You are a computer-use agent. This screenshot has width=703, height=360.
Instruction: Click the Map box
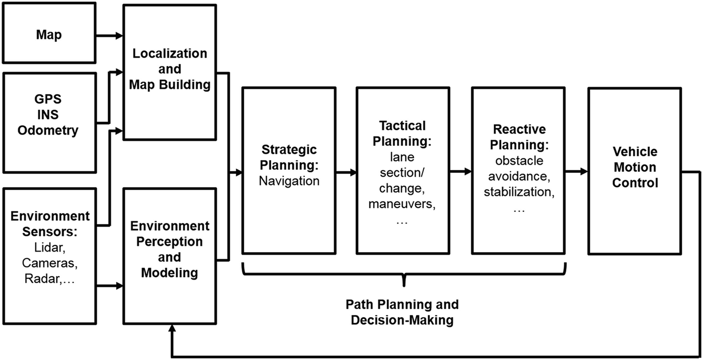coord(49,35)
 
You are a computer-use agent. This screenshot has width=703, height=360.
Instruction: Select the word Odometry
coord(48,130)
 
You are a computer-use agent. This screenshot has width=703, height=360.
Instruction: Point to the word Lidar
coord(49,247)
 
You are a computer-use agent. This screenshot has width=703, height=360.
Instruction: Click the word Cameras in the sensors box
coord(49,263)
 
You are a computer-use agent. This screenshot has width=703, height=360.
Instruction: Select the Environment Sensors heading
coord(50,223)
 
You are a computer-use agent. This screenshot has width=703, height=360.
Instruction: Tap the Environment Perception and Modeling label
coord(169,249)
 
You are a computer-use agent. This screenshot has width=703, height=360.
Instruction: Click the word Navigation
coord(289,181)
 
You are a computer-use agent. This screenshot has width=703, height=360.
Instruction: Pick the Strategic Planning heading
coord(289,157)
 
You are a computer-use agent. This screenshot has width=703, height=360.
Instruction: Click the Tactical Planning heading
coord(402,133)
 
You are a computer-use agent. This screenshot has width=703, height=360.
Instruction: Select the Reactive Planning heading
coord(519,136)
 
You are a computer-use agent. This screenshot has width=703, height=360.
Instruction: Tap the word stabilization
coord(519,193)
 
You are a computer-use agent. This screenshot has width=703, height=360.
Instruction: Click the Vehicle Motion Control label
coord(634,167)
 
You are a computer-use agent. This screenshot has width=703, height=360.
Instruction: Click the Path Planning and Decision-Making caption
coord(402,312)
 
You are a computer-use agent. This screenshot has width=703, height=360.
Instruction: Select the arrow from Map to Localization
coord(109,36)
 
